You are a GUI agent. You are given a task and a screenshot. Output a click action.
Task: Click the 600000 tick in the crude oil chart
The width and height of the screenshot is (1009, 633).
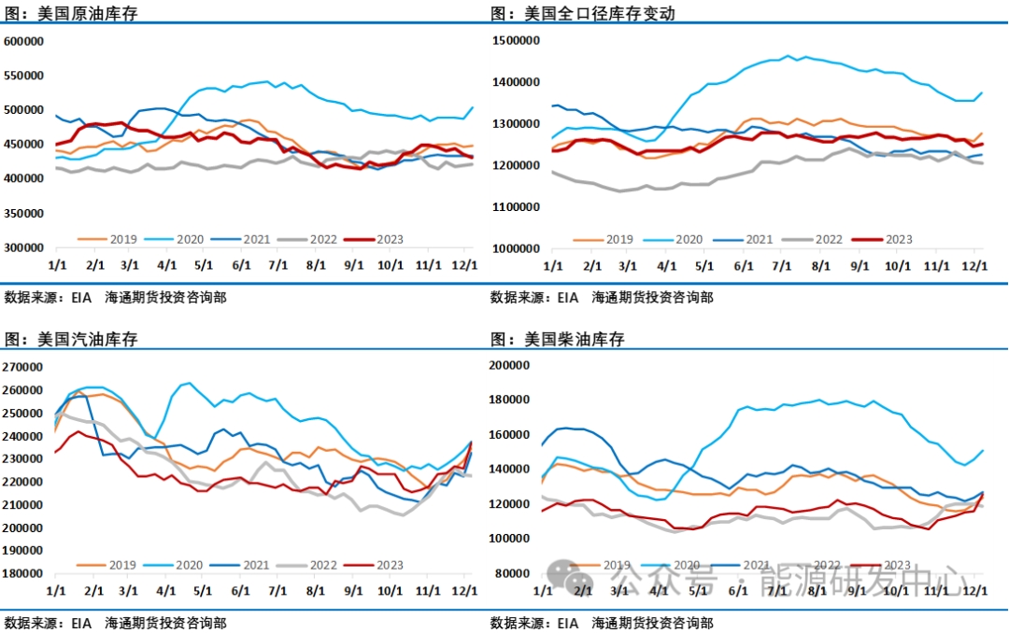click(x=25, y=41)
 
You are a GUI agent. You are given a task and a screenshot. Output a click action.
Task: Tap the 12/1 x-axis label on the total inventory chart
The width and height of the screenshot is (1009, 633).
click(x=974, y=265)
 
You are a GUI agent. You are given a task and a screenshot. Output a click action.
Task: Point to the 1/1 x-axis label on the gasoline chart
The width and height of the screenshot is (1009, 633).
click(x=55, y=591)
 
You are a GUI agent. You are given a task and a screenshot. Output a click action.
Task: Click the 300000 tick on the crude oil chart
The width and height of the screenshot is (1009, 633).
click(x=25, y=248)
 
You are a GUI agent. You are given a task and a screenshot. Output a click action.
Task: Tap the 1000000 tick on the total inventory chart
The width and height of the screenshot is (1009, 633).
click(x=518, y=249)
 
